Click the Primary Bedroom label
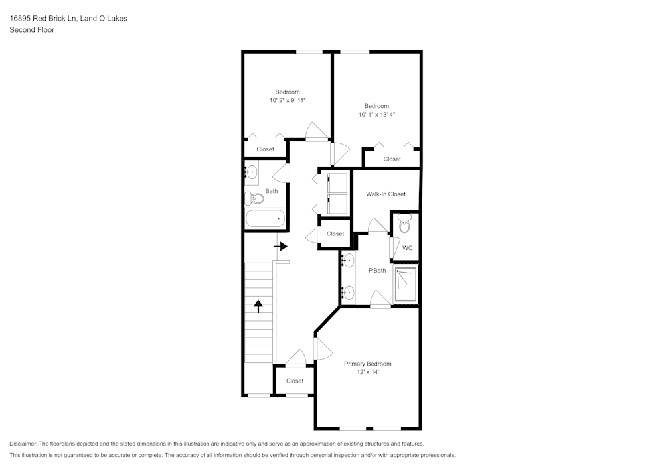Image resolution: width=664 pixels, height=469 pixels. tap(367, 364)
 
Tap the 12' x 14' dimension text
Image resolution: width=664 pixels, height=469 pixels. tap(367, 373)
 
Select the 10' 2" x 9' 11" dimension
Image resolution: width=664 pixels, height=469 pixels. tap(288, 101)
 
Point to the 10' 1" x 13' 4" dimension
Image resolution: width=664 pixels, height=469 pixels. tap(376, 115)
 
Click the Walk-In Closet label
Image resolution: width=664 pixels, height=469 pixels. tap(386, 194)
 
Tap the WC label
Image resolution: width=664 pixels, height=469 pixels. tap(408, 248)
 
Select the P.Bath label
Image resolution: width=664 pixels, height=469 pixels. tap(377, 270)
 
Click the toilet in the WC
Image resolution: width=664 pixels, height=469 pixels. tap(404, 225)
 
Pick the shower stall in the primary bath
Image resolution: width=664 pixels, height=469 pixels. tap(405, 285)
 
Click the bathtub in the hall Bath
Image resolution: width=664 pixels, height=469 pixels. tap(265, 218)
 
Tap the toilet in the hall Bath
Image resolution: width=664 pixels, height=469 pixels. tap(254, 198)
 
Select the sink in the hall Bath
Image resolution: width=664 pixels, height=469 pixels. tap(250, 172)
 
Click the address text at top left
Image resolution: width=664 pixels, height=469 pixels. tap(68, 19)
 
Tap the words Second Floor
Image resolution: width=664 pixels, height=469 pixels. tap(32, 30)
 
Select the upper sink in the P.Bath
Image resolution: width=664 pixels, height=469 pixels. tap(348, 260)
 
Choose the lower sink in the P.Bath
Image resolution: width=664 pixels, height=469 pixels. tap(348, 291)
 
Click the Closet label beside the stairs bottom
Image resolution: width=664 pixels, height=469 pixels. tap(295, 381)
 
